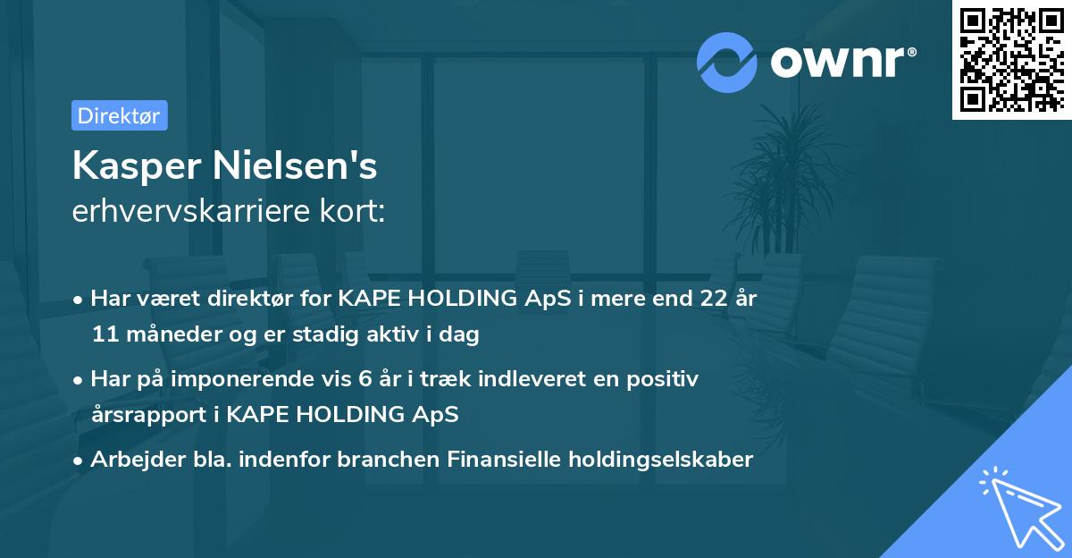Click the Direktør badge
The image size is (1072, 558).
coord(119,115)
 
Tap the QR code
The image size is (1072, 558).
coord(1010,59)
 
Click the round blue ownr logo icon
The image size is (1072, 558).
coord(727,62)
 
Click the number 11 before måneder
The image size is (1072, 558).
coord(103,335)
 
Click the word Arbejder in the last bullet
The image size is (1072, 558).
coord(130,460)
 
